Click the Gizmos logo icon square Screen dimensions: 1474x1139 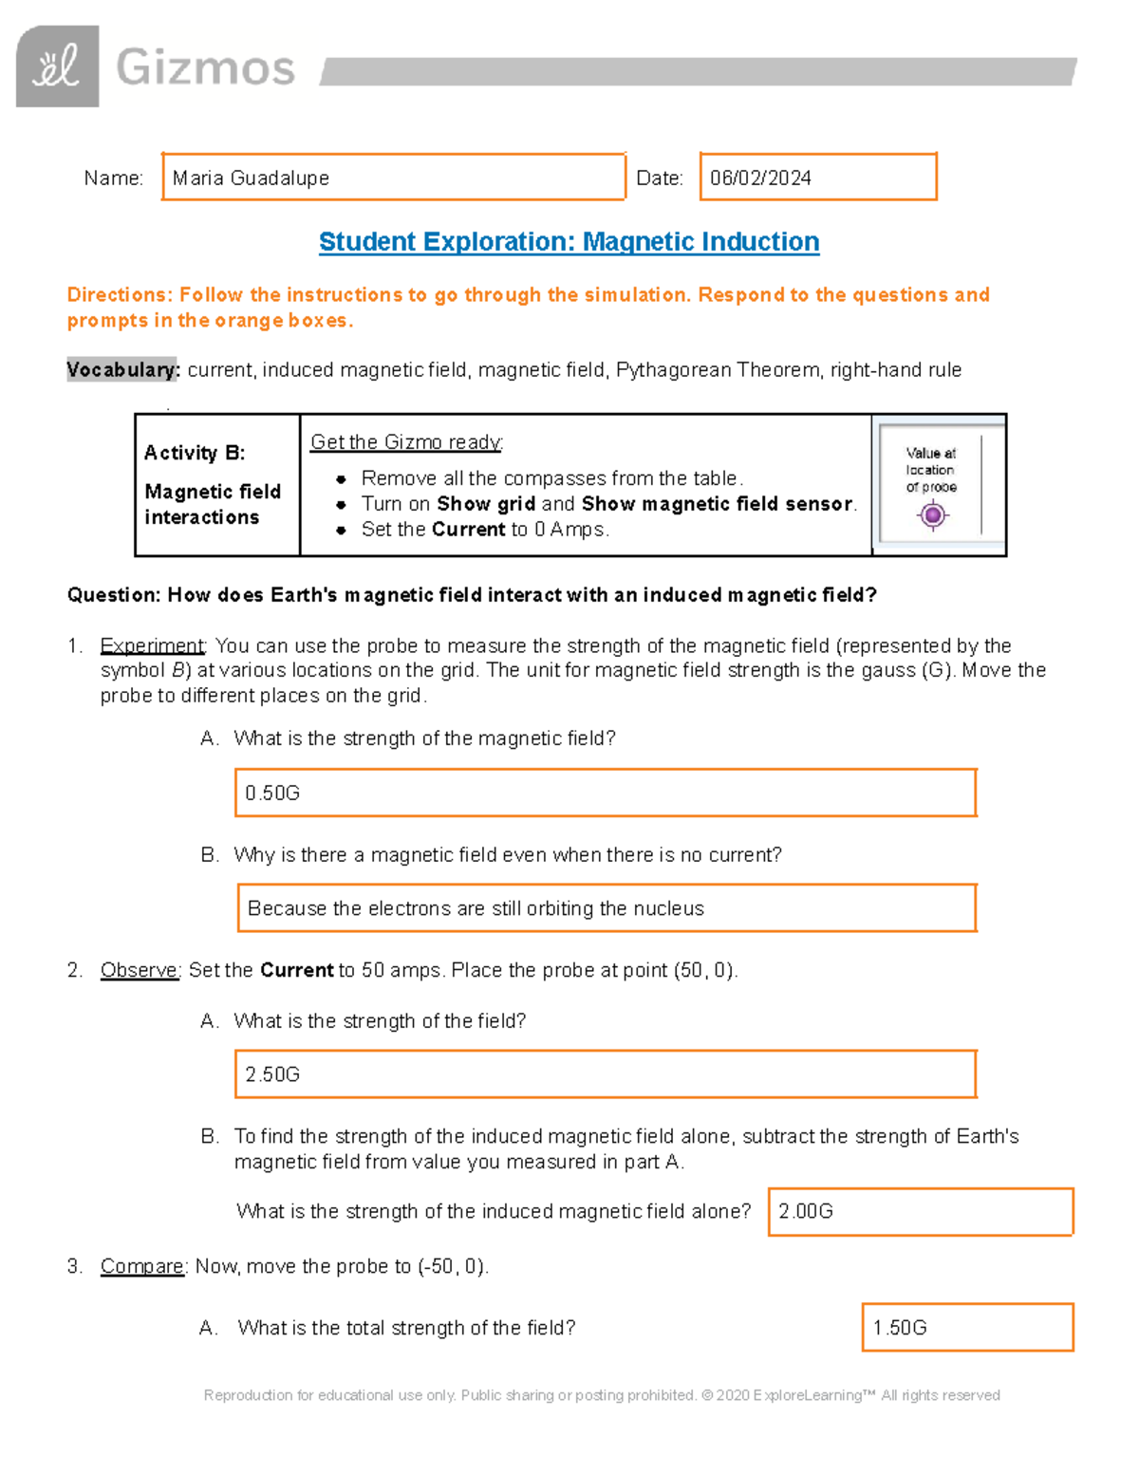(x=57, y=66)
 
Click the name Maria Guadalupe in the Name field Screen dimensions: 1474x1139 (x=251, y=178)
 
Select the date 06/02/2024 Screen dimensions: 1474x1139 (x=760, y=178)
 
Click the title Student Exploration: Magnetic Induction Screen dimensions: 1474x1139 (x=569, y=242)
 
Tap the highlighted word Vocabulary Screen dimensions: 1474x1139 (x=122, y=370)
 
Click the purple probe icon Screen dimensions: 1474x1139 (x=932, y=515)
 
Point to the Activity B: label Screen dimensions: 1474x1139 (x=195, y=453)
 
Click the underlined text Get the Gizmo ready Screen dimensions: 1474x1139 (x=406, y=442)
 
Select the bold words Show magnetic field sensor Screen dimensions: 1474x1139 (x=717, y=504)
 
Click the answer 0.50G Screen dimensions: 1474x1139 (x=272, y=793)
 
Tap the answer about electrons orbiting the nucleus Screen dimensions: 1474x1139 (x=476, y=909)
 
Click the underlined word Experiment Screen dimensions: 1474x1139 (x=152, y=646)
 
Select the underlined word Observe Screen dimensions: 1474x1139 (x=140, y=971)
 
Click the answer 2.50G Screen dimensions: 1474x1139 (x=272, y=1074)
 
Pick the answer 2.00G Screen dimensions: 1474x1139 (x=806, y=1212)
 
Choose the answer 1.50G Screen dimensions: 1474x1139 (x=900, y=1328)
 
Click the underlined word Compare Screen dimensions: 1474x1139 (x=142, y=1267)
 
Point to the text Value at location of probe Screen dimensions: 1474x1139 (x=931, y=470)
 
